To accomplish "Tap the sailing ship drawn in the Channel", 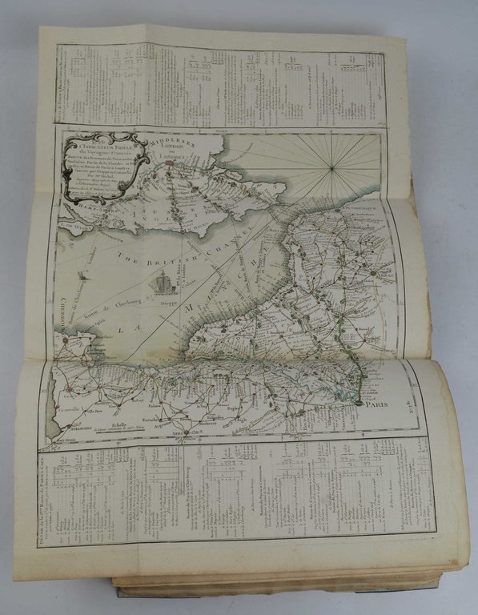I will (x=164, y=282).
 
